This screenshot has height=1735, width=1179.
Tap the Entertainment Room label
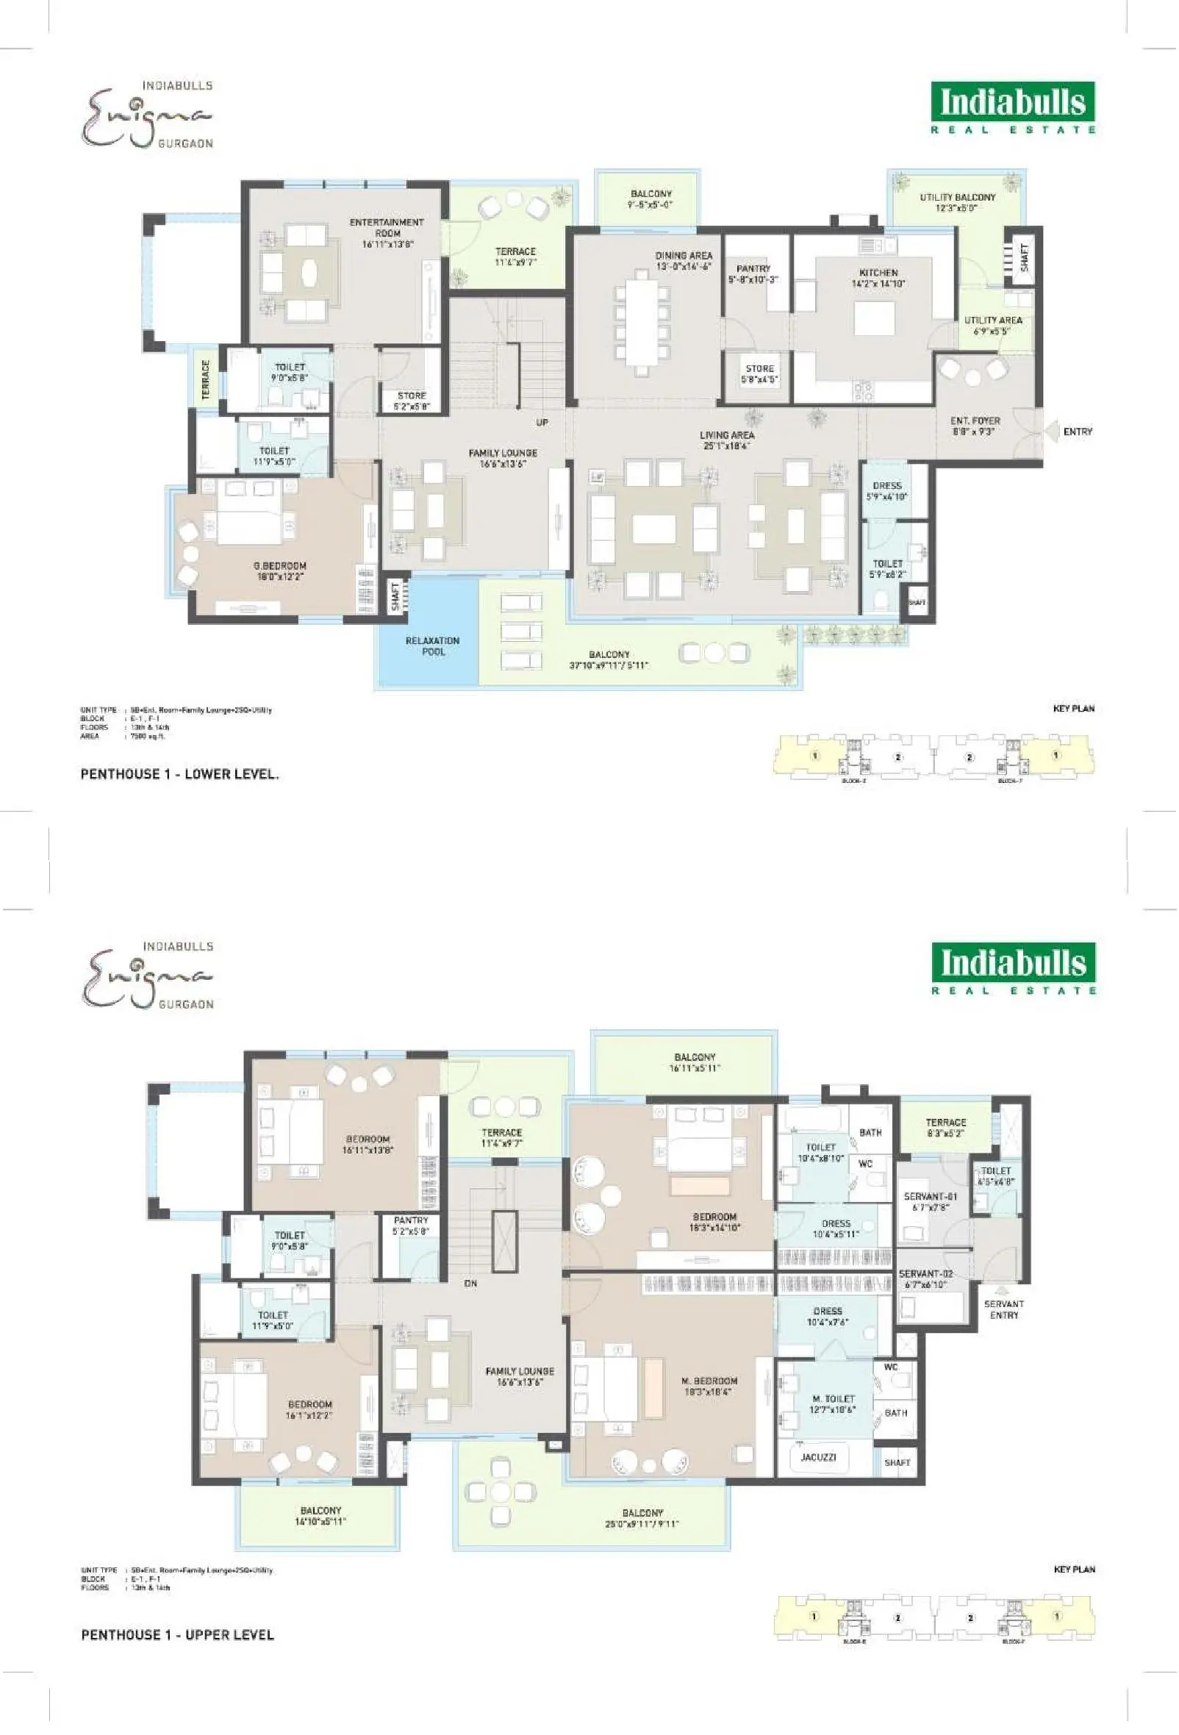coord(387,227)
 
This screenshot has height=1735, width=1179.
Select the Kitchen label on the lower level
coord(878,273)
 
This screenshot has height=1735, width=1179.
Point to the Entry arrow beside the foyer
coord(1052,432)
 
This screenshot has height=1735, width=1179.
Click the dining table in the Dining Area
coord(642,323)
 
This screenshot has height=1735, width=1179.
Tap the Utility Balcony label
coord(957,197)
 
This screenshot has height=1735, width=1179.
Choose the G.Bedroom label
coord(280,566)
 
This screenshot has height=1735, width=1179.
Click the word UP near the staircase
coord(542,423)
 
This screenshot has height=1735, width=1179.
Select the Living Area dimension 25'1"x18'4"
coord(726,446)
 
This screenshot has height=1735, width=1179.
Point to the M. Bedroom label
coord(709,1381)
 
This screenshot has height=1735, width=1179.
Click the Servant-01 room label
coord(930,1196)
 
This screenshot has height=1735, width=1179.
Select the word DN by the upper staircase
coord(471,1284)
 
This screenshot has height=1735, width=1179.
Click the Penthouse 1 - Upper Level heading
coord(178,1634)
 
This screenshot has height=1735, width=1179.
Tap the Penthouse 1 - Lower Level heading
coord(180,774)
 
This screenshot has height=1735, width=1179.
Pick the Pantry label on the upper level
coord(411,1220)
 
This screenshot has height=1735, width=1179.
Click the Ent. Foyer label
coord(975,421)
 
